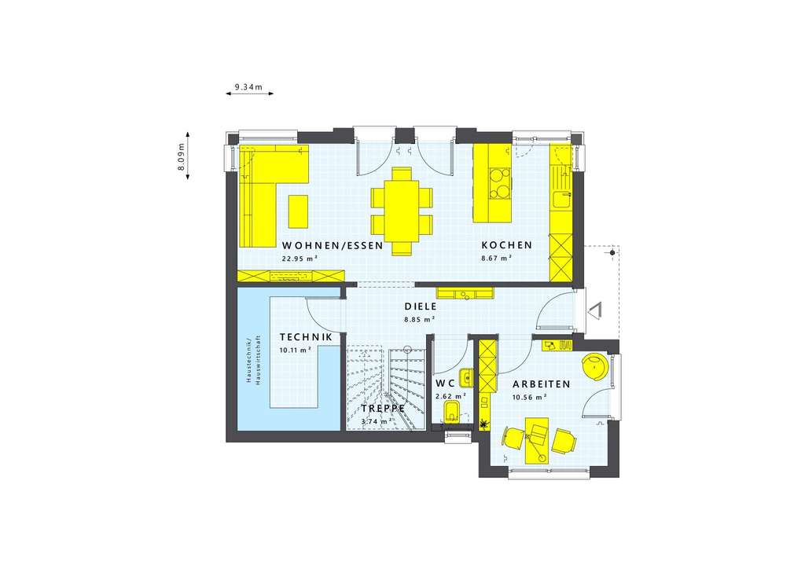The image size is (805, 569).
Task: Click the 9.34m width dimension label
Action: (x=248, y=86)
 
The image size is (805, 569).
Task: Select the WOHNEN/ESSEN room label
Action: (x=333, y=245)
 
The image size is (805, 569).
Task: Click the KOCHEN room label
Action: (x=506, y=245)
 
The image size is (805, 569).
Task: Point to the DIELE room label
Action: (x=420, y=307)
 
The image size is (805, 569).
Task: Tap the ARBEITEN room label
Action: (x=541, y=384)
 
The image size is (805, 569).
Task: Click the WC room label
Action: (x=446, y=383)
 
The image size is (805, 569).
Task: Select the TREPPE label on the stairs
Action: (x=383, y=409)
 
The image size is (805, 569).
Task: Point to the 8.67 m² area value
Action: (x=497, y=258)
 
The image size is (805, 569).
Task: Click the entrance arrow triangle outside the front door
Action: (x=595, y=311)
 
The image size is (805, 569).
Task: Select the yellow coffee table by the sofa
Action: (x=299, y=211)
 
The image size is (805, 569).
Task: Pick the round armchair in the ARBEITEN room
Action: (x=594, y=367)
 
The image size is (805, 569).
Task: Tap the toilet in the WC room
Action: (x=453, y=413)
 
